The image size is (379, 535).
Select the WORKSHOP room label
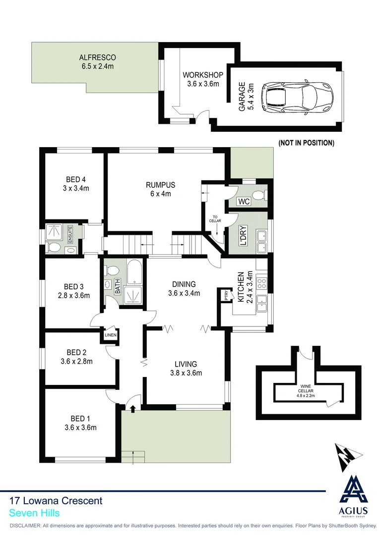point(203,75)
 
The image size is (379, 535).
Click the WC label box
point(244,202)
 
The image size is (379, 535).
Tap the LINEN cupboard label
point(110,335)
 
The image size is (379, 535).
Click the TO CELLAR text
point(216,219)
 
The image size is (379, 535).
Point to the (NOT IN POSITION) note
point(306,143)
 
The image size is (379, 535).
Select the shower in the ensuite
point(53,232)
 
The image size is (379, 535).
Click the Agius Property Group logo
point(353,498)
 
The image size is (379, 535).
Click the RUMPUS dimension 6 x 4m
point(161,194)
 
